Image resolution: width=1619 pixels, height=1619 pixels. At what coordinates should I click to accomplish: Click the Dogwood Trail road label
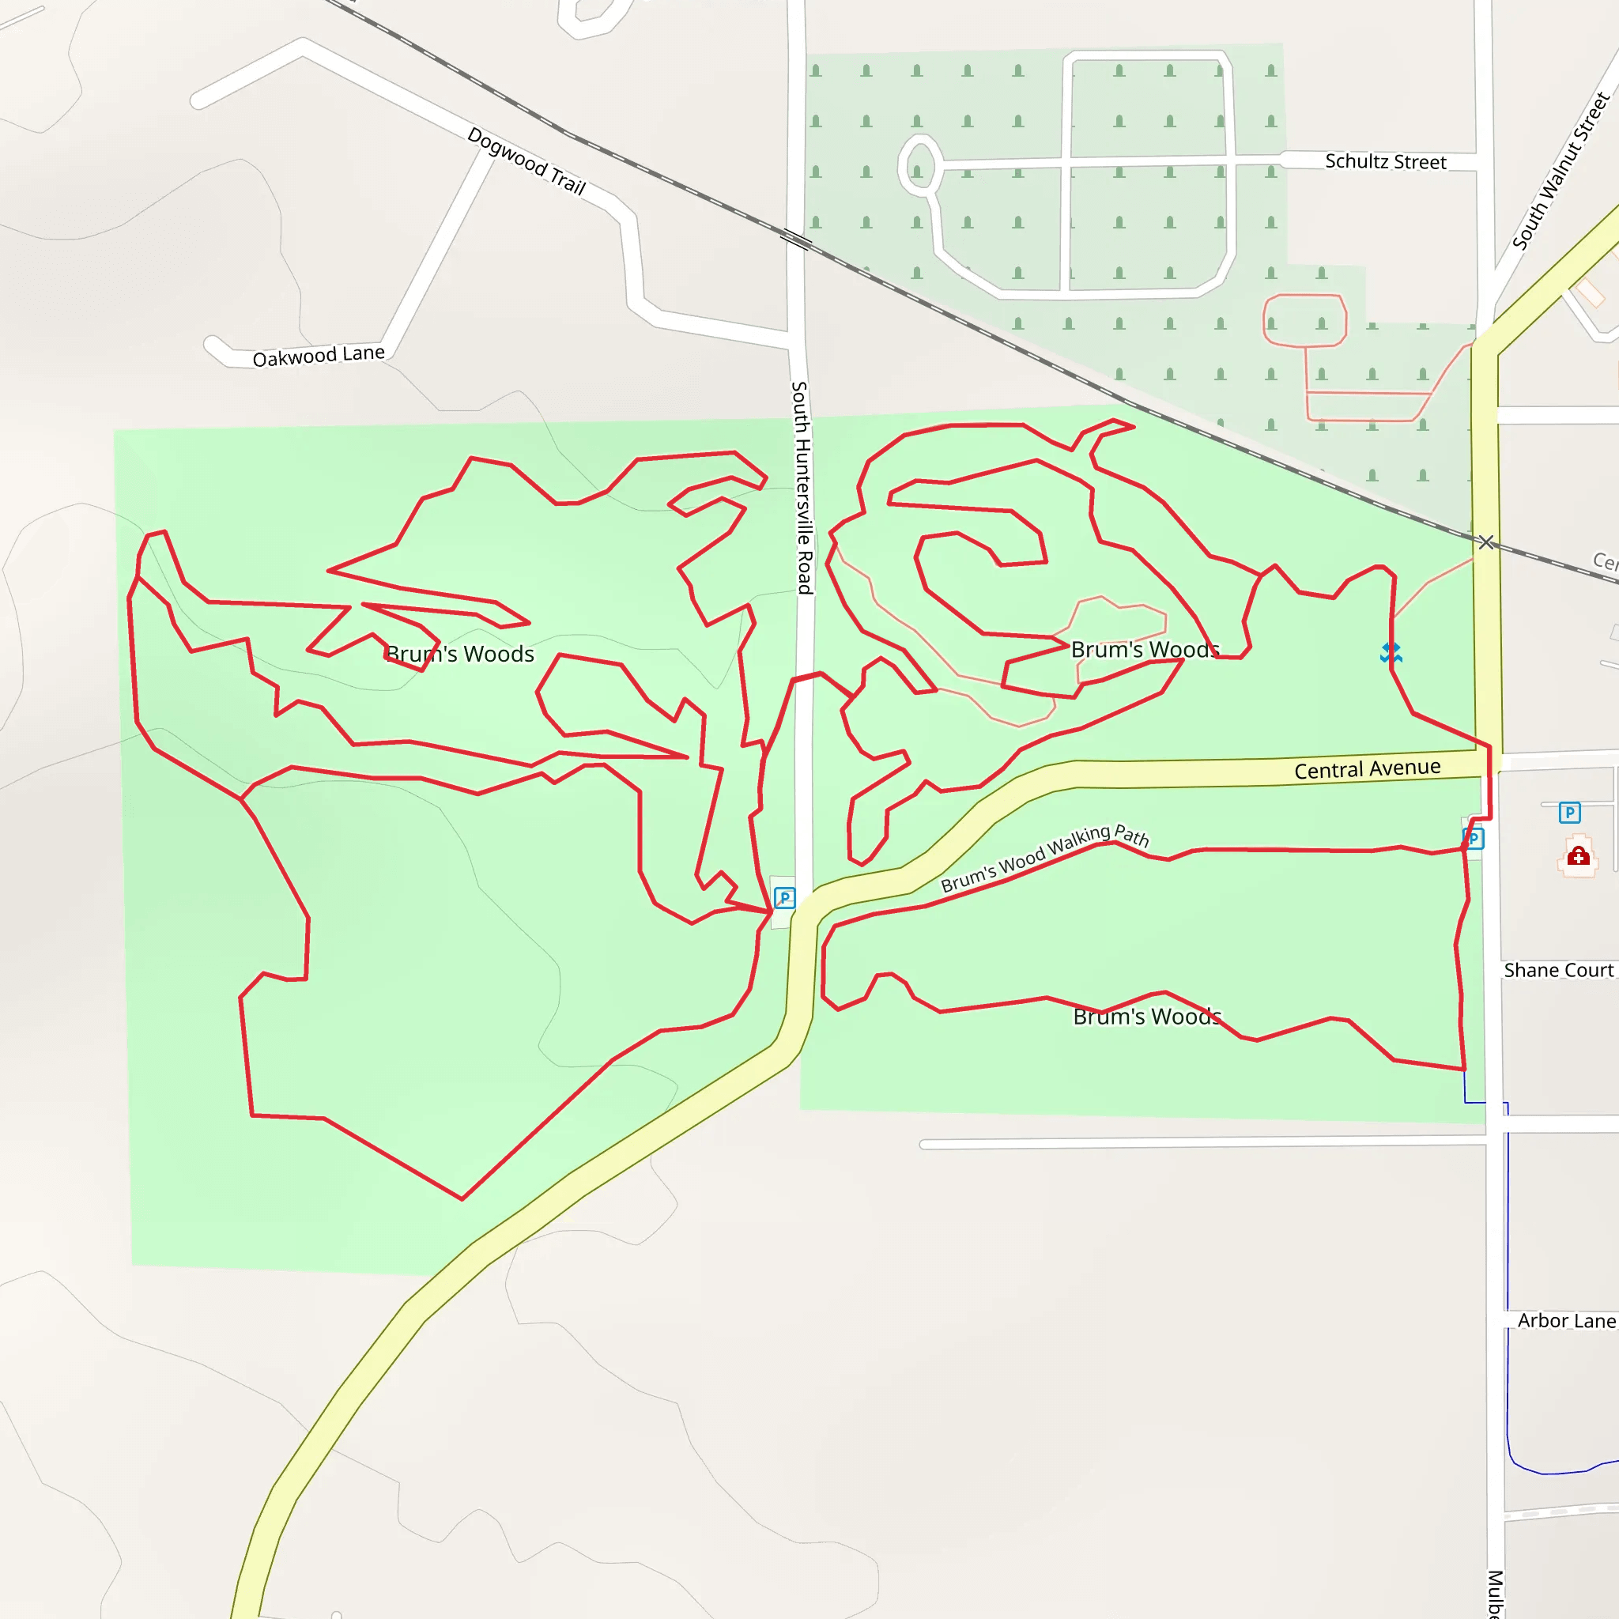[526, 160]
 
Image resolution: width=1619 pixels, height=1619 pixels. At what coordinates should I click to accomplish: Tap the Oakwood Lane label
[319, 357]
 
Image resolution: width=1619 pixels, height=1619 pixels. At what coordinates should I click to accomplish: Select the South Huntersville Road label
[802, 488]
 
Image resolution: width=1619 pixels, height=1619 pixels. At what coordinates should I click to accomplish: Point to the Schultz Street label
[1385, 162]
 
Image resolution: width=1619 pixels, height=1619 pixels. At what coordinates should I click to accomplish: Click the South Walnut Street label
[1561, 171]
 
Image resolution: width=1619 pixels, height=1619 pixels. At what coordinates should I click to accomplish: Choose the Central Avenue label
[1367, 768]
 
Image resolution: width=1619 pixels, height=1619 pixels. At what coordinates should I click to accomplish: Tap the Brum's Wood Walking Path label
[1044, 857]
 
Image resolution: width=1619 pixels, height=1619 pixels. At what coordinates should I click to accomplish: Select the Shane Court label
[1558, 971]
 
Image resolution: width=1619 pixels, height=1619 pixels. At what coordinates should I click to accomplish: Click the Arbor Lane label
[1565, 1321]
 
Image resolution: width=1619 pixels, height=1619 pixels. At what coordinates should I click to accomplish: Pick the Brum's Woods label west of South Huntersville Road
[460, 654]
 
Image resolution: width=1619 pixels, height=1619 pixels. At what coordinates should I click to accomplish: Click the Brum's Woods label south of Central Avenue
[1146, 1017]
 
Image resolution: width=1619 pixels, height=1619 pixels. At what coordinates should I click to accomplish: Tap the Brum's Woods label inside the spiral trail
[1145, 650]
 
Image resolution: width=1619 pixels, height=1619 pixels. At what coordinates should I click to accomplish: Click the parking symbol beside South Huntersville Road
[784, 898]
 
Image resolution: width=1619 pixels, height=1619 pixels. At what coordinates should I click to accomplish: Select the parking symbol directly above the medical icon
[1569, 812]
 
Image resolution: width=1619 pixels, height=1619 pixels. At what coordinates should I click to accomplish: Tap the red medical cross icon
[1579, 855]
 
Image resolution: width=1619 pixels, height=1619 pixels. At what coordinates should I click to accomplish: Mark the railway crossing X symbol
[1485, 542]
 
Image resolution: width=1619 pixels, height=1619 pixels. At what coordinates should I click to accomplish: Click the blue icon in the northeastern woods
[1391, 652]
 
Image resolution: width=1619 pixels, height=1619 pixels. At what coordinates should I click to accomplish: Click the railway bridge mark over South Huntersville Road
[796, 240]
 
